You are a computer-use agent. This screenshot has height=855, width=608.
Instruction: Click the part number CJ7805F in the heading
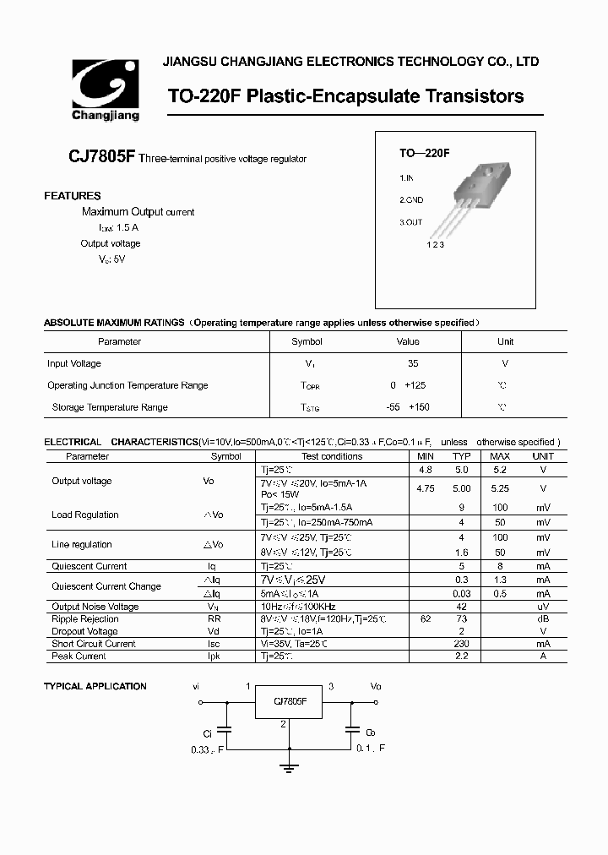[101, 158]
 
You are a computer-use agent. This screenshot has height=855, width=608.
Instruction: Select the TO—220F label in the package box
[424, 154]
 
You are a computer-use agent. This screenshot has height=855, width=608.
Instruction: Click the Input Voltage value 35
[413, 364]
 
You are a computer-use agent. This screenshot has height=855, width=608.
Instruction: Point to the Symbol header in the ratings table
[307, 342]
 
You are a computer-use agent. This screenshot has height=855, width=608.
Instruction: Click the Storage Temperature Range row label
[110, 407]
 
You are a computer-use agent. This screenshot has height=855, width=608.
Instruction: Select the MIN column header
[425, 456]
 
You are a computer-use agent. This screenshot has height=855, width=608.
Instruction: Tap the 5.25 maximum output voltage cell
[500, 488]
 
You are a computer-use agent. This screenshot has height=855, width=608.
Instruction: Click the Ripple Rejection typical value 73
[462, 619]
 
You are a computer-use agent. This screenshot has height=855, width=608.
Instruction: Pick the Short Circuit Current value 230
[462, 644]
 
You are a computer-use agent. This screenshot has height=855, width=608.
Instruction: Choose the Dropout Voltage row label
[84, 632]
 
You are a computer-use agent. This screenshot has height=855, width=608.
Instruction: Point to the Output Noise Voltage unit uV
[543, 607]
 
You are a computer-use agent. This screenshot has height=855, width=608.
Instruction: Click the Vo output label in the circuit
[376, 687]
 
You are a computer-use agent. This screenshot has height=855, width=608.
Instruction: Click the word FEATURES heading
[73, 196]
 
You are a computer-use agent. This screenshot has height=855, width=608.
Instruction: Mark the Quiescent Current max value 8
[500, 567]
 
